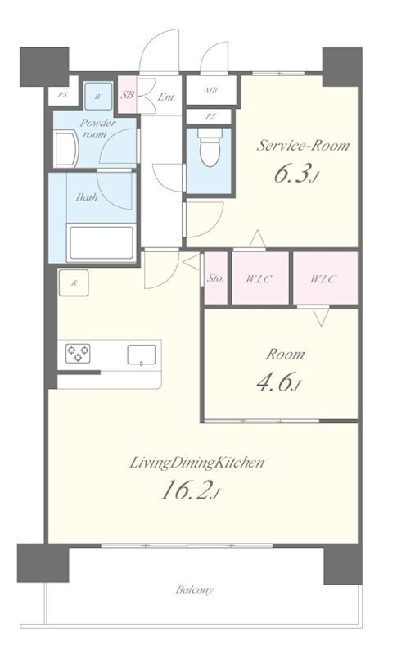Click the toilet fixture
[210, 147]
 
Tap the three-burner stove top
[78, 353]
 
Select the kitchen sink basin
[142, 355]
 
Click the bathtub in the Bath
[102, 242]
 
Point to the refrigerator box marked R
[74, 282]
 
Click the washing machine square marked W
[98, 97]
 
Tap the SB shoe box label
[127, 95]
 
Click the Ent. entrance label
[166, 97]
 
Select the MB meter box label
[210, 90]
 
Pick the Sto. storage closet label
[215, 278]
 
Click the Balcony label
[195, 589]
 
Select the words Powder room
[97, 129]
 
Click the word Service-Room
[303, 146]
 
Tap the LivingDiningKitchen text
[197, 463]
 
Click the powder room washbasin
[66, 149]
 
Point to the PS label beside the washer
[62, 95]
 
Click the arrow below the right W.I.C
[321, 317]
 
